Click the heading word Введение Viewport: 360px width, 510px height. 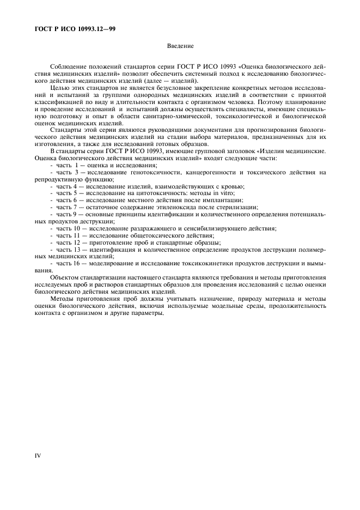[180, 47]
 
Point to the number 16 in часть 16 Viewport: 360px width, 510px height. [76, 264]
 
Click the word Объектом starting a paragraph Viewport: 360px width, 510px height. [65, 277]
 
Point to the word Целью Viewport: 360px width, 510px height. [59, 88]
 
